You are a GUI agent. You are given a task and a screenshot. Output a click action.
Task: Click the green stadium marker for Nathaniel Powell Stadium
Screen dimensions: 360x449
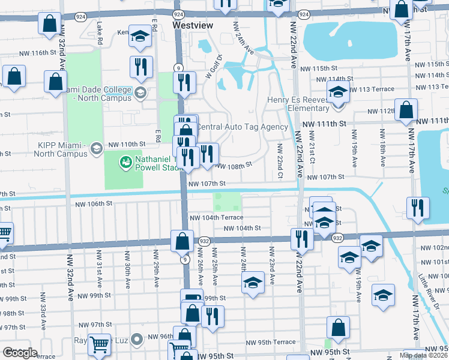click(125, 161)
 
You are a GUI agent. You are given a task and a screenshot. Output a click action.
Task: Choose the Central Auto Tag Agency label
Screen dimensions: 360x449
click(243, 127)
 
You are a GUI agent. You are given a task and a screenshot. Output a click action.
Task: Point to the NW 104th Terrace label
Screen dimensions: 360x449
click(216, 218)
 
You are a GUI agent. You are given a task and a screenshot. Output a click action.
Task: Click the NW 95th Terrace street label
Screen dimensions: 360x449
click(271, 343)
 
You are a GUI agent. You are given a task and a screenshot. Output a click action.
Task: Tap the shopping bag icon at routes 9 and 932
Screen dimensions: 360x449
click(181, 241)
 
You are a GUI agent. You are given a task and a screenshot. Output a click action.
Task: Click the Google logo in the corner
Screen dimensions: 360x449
click(20, 353)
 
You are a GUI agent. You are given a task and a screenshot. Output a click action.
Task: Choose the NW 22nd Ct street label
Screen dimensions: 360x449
click(279, 161)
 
